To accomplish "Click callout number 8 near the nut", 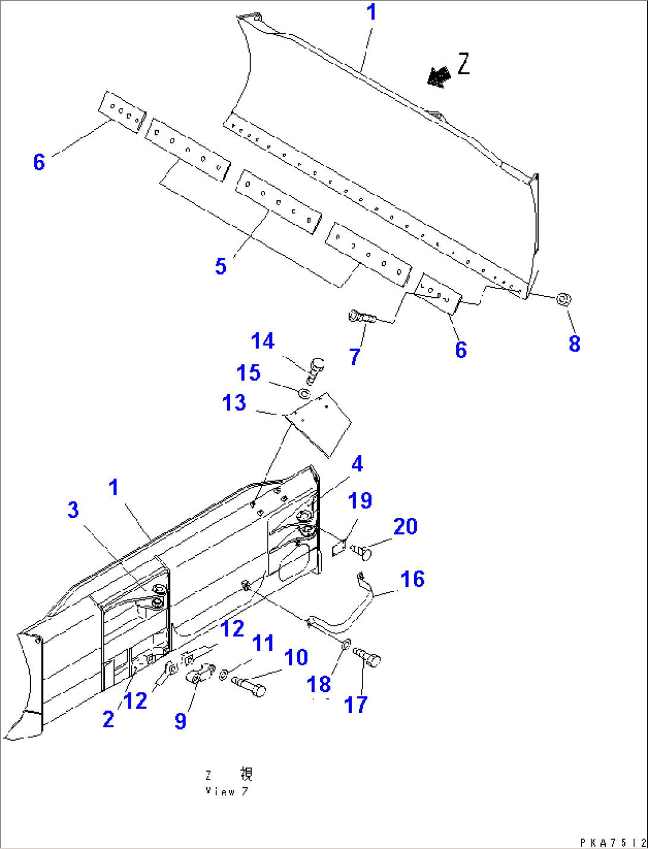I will [574, 343].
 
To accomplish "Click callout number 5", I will [221, 266].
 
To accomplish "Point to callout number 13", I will [234, 403].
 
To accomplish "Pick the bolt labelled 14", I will [315, 370].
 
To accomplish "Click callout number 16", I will [412, 578].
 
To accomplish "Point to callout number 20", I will [405, 526].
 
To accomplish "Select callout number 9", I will [180, 721].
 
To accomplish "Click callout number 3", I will [73, 510].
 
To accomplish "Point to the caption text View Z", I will [227, 791].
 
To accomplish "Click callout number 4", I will [357, 464].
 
